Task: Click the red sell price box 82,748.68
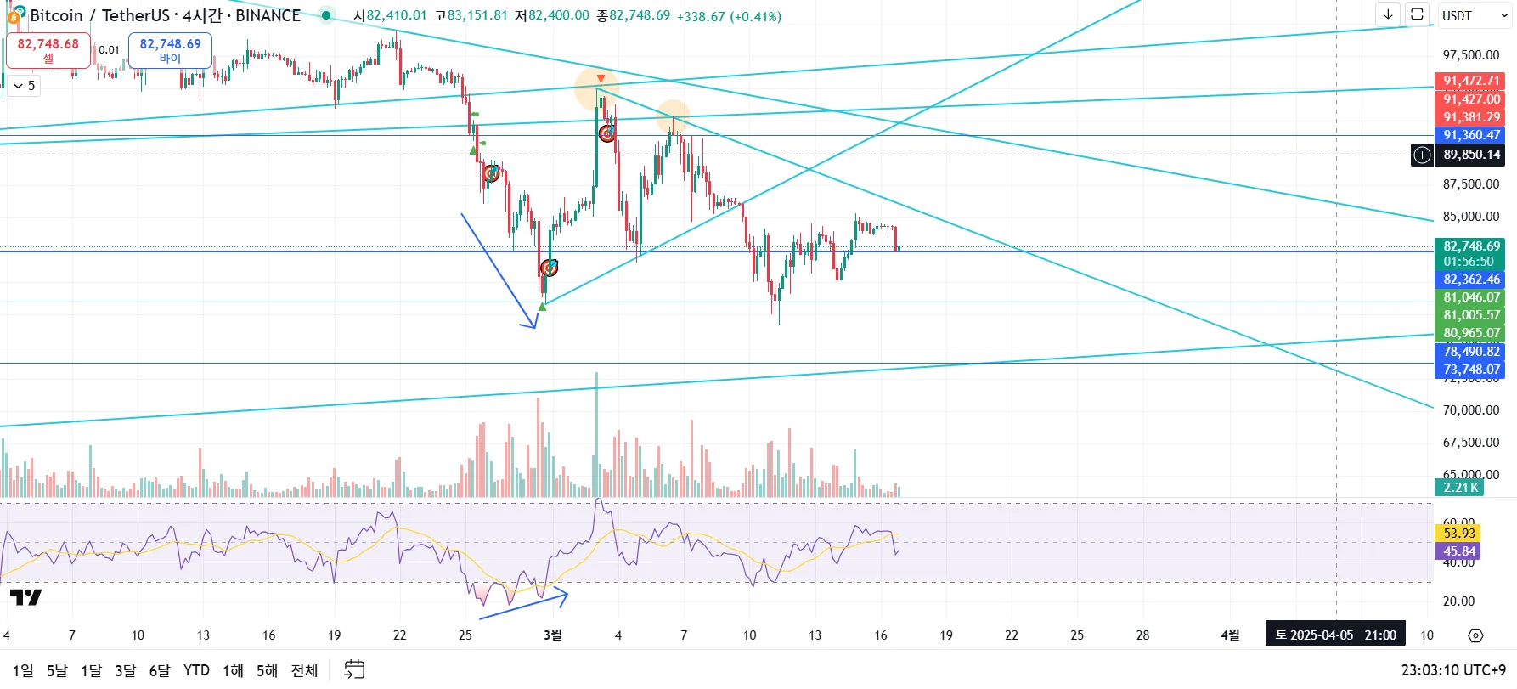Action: point(48,50)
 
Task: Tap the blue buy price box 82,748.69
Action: point(170,50)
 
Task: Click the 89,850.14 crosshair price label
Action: point(1471,155)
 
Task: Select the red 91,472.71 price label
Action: point(1471,81)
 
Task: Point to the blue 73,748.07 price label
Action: point(1471,369)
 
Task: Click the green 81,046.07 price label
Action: point(1471,297)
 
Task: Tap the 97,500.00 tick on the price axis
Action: point(1471,55)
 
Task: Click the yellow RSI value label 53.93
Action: point(1459,533)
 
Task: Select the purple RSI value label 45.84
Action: point(1459,551)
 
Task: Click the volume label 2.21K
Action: point(1459,487)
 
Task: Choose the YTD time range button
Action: point(196,670)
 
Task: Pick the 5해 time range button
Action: point(267,670)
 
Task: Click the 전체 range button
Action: point(304,670)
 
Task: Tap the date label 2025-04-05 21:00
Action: point(1335,635)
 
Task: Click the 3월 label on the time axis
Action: point(552,635)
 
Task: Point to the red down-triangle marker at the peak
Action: point(601,79)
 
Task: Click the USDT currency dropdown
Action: point(1474,15)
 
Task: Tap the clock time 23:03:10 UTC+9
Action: point(1453,670)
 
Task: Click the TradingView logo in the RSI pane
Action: point(25,597)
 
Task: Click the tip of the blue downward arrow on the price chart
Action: point(534,327)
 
